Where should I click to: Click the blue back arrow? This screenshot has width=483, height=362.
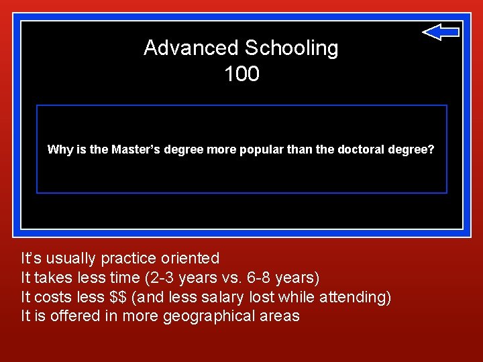coord(441,32)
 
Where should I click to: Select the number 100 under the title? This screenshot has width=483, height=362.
coord(241,74)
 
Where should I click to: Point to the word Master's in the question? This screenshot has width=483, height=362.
coord(133,149)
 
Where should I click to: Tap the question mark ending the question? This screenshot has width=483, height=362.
coord(431,149)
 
